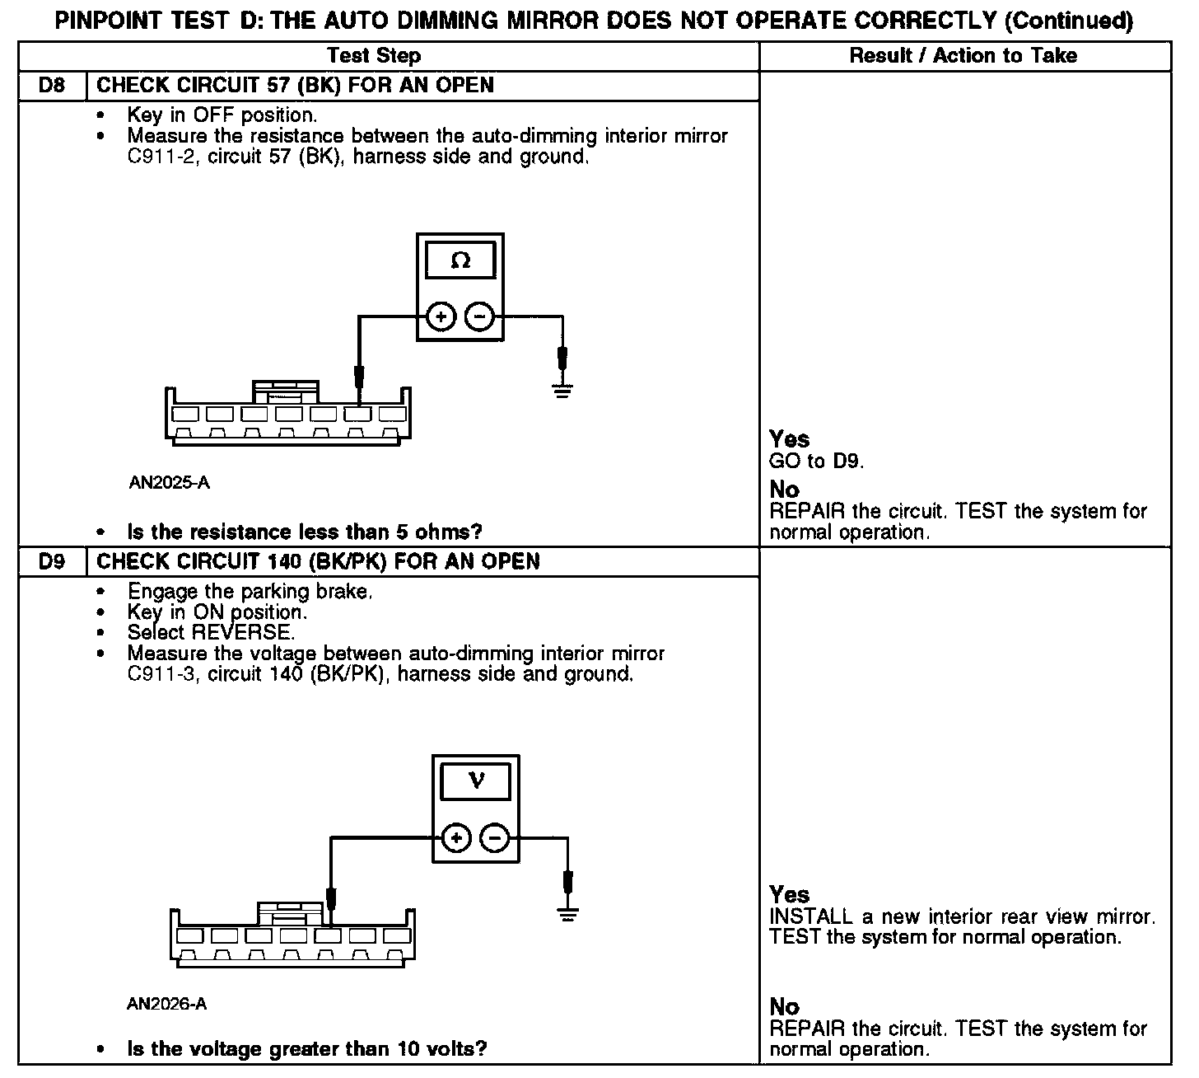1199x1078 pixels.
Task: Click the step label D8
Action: [x=52, y=85]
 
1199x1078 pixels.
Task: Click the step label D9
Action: [x=52, y=561]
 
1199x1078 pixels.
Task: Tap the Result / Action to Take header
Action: [x=963, y=56]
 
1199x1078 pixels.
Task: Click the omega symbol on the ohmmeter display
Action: [x=460, y=260]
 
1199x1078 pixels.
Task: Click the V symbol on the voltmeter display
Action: [x=476, y=779]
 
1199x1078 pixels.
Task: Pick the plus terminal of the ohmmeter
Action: [x=441, y=316]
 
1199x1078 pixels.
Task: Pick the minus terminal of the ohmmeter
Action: [x=480, y=316]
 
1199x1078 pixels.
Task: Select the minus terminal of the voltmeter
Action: [x=495, y=838]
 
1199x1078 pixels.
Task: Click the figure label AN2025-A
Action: [x=170, y=483]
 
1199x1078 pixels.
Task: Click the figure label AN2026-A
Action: [x=166, y=1004]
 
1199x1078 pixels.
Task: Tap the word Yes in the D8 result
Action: [x=789, y=439]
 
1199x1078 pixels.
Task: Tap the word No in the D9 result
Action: [x=784, y=1006]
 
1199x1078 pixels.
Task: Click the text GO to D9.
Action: [x=816, y=461]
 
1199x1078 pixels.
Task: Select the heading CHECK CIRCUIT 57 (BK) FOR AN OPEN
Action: [x=296, y=85]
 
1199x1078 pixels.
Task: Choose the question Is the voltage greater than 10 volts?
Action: [x=307, y=1049]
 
